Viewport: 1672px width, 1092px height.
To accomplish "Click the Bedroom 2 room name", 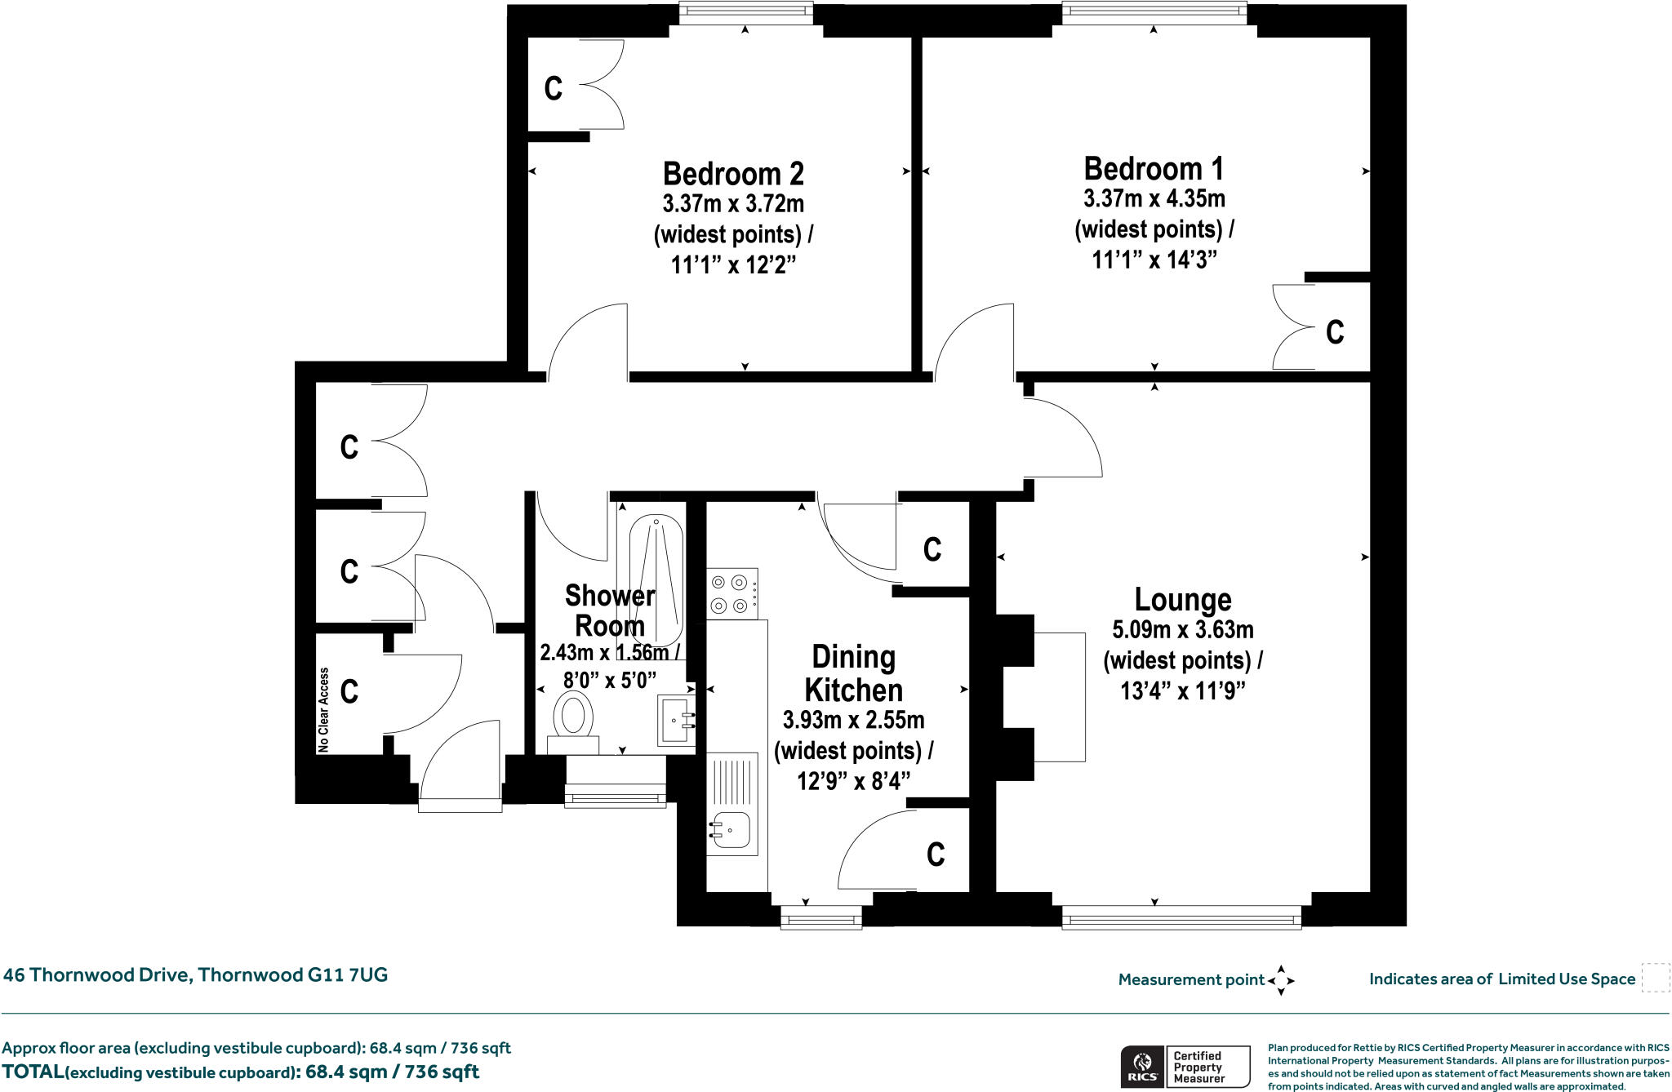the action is click(733, 174).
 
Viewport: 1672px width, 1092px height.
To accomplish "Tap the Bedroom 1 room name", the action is click(1154, 169).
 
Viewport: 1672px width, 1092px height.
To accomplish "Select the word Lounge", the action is click(1183, 600).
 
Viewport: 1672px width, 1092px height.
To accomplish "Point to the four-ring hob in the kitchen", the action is click(732, 593).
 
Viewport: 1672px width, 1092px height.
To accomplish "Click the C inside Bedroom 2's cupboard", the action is click(554, 88).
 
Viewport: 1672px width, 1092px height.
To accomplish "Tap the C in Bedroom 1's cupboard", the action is click(1335, 332).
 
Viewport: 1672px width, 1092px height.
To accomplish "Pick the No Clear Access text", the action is click(324, 710).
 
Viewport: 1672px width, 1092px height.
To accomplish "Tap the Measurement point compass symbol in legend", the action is click(1281, 980).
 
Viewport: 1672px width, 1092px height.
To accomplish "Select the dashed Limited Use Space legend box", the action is click(1656, 978).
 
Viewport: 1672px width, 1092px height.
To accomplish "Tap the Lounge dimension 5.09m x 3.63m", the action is click(1183, 630).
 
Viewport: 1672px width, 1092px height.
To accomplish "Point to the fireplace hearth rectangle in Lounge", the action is click(1060, 697).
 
